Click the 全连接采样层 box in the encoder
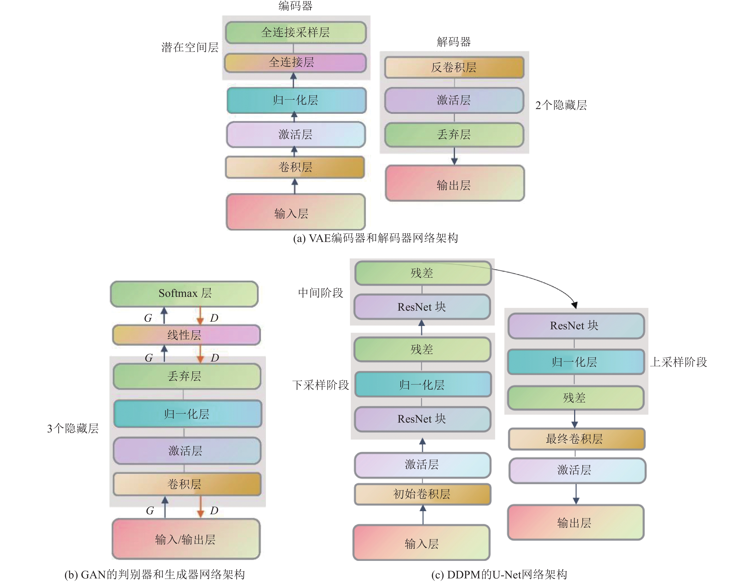pos(296,32)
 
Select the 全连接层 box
pos(296,62)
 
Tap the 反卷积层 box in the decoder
pos(454,68)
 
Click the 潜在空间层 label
pos(190,47)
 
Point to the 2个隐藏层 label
pos(561,105)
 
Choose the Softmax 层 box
pos(185,293)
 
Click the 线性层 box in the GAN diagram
pos(186,335)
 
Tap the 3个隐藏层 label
pos(73,428)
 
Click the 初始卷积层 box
pos(422,494)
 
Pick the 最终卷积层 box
pos(576,439)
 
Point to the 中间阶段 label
pos(321,293)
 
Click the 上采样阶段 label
pos(678,362)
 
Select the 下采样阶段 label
pos(321,385)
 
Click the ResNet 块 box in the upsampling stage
pos(576,325)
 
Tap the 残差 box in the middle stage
pos(423,273)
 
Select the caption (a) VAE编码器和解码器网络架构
pos(375,238)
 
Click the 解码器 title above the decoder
pos(454,42)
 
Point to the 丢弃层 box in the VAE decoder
pos(454,135)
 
